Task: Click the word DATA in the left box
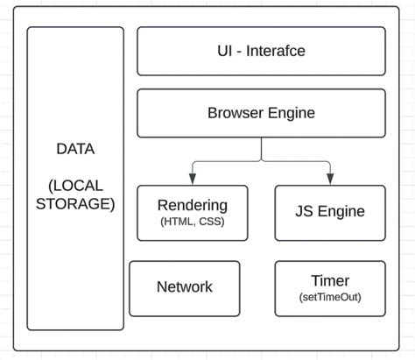click(x=75, y=149)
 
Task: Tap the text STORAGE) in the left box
click(x=75, y=204)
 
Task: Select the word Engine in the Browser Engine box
click(x=290, y=113)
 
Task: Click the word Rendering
click(x=193, y=205)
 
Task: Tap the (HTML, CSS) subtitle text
click(x=193, y=222)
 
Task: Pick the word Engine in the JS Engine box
click(x=342, y=211)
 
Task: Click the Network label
click(x=184, y=286)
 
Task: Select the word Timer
click(x=330, y=281)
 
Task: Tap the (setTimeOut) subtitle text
click(x=330, y=297)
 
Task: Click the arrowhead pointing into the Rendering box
click(x=193, y=180)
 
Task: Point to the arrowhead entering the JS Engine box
click(x=330, y=180)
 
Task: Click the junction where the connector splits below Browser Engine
click(x=261, y=162)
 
